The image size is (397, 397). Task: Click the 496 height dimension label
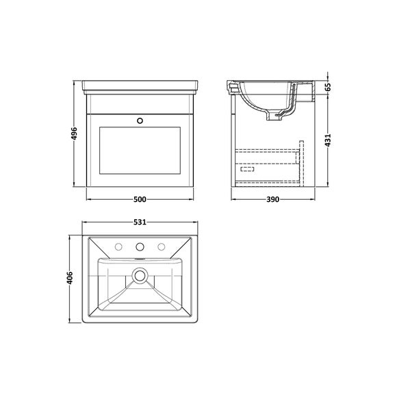point(74,133)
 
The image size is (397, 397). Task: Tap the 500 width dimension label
point(140,199)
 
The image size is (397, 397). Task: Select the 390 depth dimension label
point(272,199)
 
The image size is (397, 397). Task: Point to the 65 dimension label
point(328,87)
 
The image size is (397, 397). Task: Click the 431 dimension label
point(328,140)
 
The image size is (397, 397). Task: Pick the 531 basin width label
point(140,222)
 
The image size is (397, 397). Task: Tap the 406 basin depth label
point(70,278)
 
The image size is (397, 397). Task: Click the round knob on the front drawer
point(140,120)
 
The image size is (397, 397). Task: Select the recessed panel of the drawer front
point(140,151)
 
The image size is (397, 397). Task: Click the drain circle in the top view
point(140,276)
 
